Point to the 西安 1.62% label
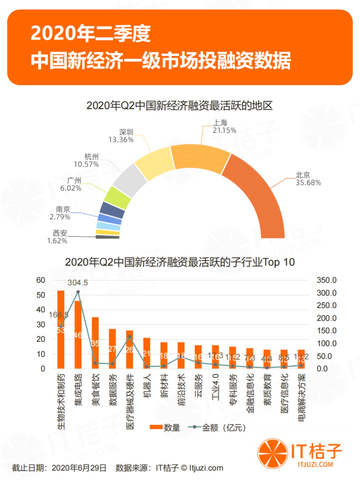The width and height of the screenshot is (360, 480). click(x=58, y=237)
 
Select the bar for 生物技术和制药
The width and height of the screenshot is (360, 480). click(x=61, y=330)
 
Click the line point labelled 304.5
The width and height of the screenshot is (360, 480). click(x=78, y=292)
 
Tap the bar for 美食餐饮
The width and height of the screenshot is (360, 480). click(x=95, y=342)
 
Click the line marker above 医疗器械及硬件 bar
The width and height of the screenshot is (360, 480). click(x=130, y=336)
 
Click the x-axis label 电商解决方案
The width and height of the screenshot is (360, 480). click(x=301, y=397)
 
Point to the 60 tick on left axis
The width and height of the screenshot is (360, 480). click(x=41, y=280)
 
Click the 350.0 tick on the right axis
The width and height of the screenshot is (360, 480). click(x=326, y=280)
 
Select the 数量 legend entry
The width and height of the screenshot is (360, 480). click(x=165, y=428)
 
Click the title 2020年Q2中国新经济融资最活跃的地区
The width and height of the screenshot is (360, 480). click(x=179, y=106)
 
